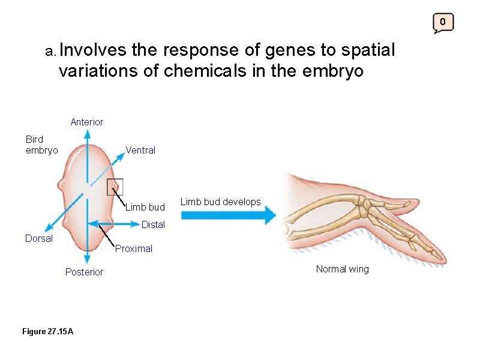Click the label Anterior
tap(86, 122)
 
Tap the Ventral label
tap(140, 151)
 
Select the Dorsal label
tap(39, 238)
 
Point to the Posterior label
tap(84, 272)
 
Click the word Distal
tap(153, 225)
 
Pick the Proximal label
tap(134, 248)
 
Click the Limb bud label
tap(145, 208)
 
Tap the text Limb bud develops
tap(221, 202)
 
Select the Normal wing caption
tap(342, 269)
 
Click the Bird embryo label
tap(41, 145)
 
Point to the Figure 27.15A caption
tap(47, 331)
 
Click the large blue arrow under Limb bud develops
tap(228, 215)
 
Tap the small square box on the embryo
tap(115, 187)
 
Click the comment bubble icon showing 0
tap(443, 23)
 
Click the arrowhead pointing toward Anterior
tap(87, 134)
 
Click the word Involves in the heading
tap(92, 51)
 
